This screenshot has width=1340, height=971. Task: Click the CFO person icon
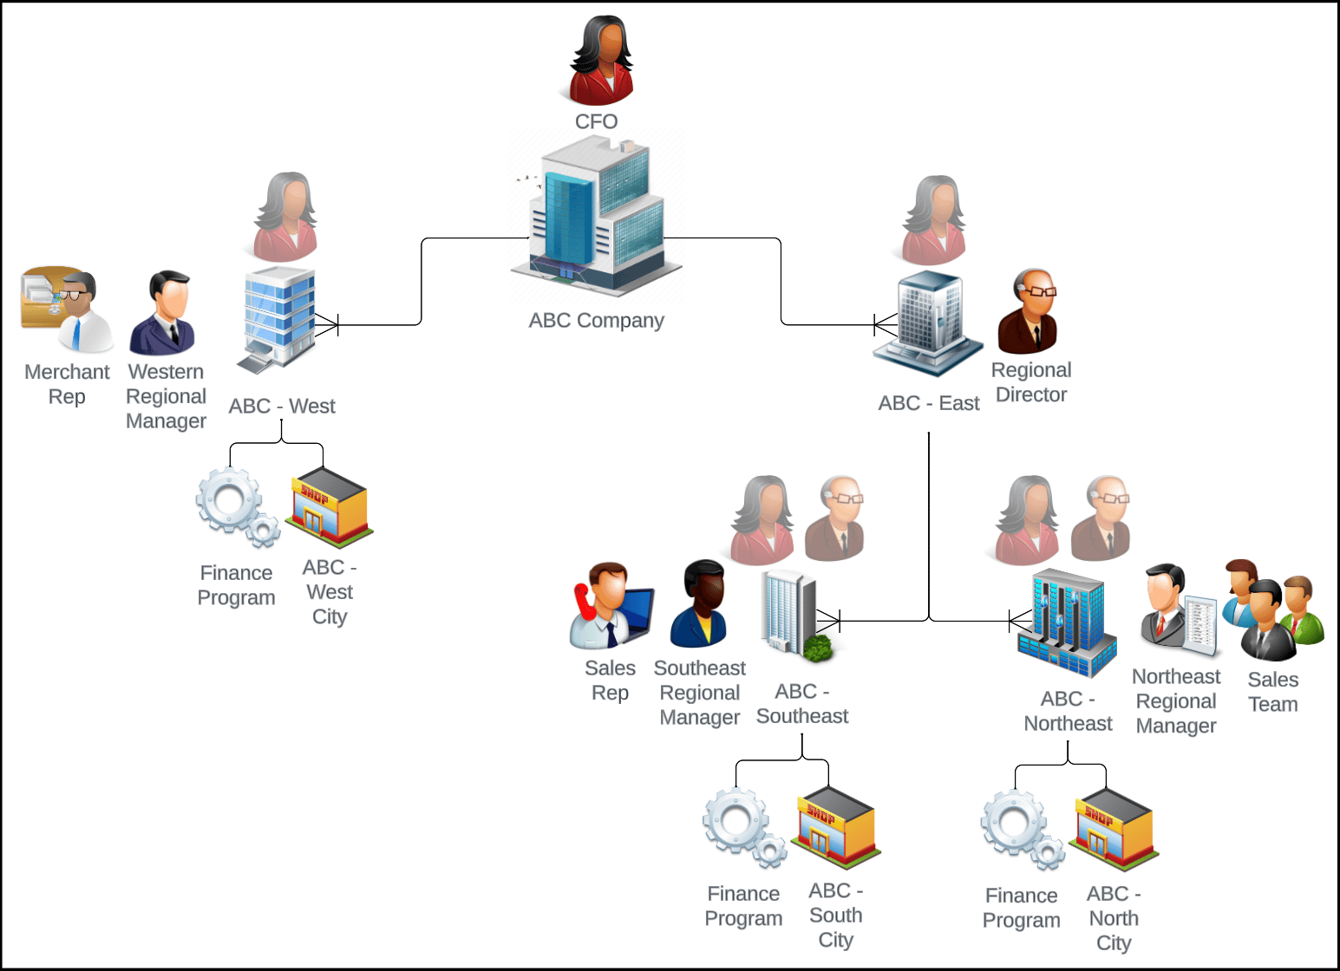coord(601,60)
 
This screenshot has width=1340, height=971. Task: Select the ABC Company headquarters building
coord(597,216)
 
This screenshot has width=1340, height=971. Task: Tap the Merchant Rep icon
coord(67,310)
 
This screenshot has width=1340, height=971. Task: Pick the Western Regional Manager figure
coord(163,313)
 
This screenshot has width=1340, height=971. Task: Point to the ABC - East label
coord(928,403)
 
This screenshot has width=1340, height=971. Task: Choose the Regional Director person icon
coord(1028,311)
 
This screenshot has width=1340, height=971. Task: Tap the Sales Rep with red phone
coord(611,606)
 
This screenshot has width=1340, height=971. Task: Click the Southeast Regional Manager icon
coord(699,604)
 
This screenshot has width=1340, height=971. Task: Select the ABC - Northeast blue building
coord(1067,623)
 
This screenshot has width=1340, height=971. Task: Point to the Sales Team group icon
coord(1273,609)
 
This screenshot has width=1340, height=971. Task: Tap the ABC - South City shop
coord(836,828)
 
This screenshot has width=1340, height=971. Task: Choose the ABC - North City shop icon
coord(1114,830)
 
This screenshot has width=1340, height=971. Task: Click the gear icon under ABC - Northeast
coord(1023,830)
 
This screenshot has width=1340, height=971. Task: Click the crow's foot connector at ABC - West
coord(327,324)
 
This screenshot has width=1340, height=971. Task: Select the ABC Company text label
coord(597,321)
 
